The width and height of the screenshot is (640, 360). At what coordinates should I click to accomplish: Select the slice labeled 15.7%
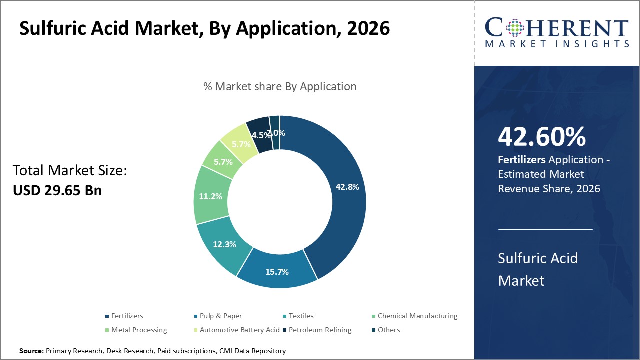pyautogui.click(x=277, y=272)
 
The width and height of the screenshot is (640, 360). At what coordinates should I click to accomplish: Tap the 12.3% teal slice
pyautogui.click(x=224, y=244)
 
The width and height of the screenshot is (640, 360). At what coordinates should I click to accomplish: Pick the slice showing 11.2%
pyautogui.click(x=210, y=196)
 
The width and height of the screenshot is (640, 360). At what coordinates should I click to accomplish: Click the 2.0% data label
pyautogui.click(x=276, y=133)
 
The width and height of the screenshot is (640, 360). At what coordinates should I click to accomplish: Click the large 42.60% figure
pyautogui.click(x=542, y=137)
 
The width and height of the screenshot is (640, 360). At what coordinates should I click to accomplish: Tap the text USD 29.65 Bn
pyautogui.click(x=57, y=190)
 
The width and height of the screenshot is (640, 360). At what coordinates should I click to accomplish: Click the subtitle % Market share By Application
pyautogui.click(x=280, y=86)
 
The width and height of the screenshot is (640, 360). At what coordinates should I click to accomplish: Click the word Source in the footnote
pyautogui.click(x=31, y=351)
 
